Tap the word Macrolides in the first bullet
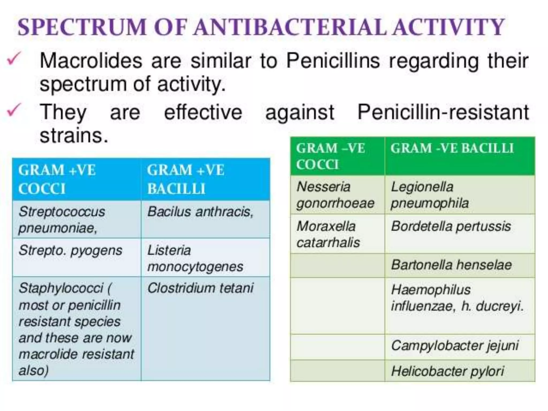point(91,61)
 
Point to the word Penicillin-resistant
point(443,112)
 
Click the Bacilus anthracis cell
point(200,212)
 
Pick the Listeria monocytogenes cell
point(195,258)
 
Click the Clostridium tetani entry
point(200,288)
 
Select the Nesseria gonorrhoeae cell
point(335,195)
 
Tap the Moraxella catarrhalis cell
point(328,234)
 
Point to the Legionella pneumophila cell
point(429,195)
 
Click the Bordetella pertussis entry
point(451,226)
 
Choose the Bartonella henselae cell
point(451,265)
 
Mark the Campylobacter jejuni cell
point(455,345)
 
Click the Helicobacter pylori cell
point(447,371)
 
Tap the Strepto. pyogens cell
point(70,251)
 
